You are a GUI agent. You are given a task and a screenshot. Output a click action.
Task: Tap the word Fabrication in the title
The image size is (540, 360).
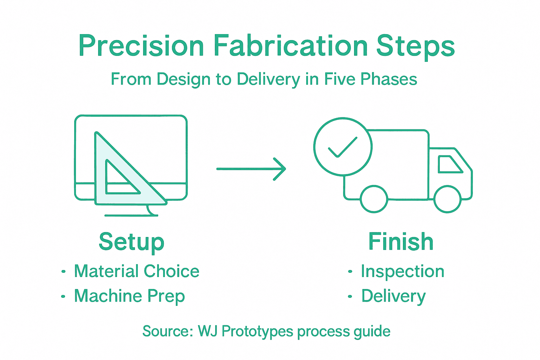290,46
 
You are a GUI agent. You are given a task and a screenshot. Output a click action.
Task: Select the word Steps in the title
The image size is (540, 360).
416,47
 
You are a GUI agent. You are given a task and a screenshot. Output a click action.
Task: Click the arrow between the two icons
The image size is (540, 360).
251,169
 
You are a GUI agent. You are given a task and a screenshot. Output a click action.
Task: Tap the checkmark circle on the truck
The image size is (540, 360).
342,147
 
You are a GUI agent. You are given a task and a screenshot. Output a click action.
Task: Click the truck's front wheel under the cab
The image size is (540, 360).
447,199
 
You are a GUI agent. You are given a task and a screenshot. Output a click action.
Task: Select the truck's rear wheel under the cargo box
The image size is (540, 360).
374,199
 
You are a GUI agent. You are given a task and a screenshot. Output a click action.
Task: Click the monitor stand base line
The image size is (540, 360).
131,215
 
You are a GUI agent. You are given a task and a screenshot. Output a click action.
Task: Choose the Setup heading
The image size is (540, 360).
131,242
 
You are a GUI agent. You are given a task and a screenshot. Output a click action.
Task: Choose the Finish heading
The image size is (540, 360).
401,242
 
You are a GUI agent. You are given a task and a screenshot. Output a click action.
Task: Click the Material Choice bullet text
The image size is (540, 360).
136,271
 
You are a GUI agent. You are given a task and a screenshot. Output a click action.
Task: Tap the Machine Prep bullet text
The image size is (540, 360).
129,296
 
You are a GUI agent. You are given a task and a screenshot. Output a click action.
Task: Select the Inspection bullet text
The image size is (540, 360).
403,271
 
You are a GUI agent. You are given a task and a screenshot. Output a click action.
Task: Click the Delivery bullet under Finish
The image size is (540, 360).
393,296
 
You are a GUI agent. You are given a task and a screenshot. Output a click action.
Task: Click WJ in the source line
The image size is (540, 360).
207,331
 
